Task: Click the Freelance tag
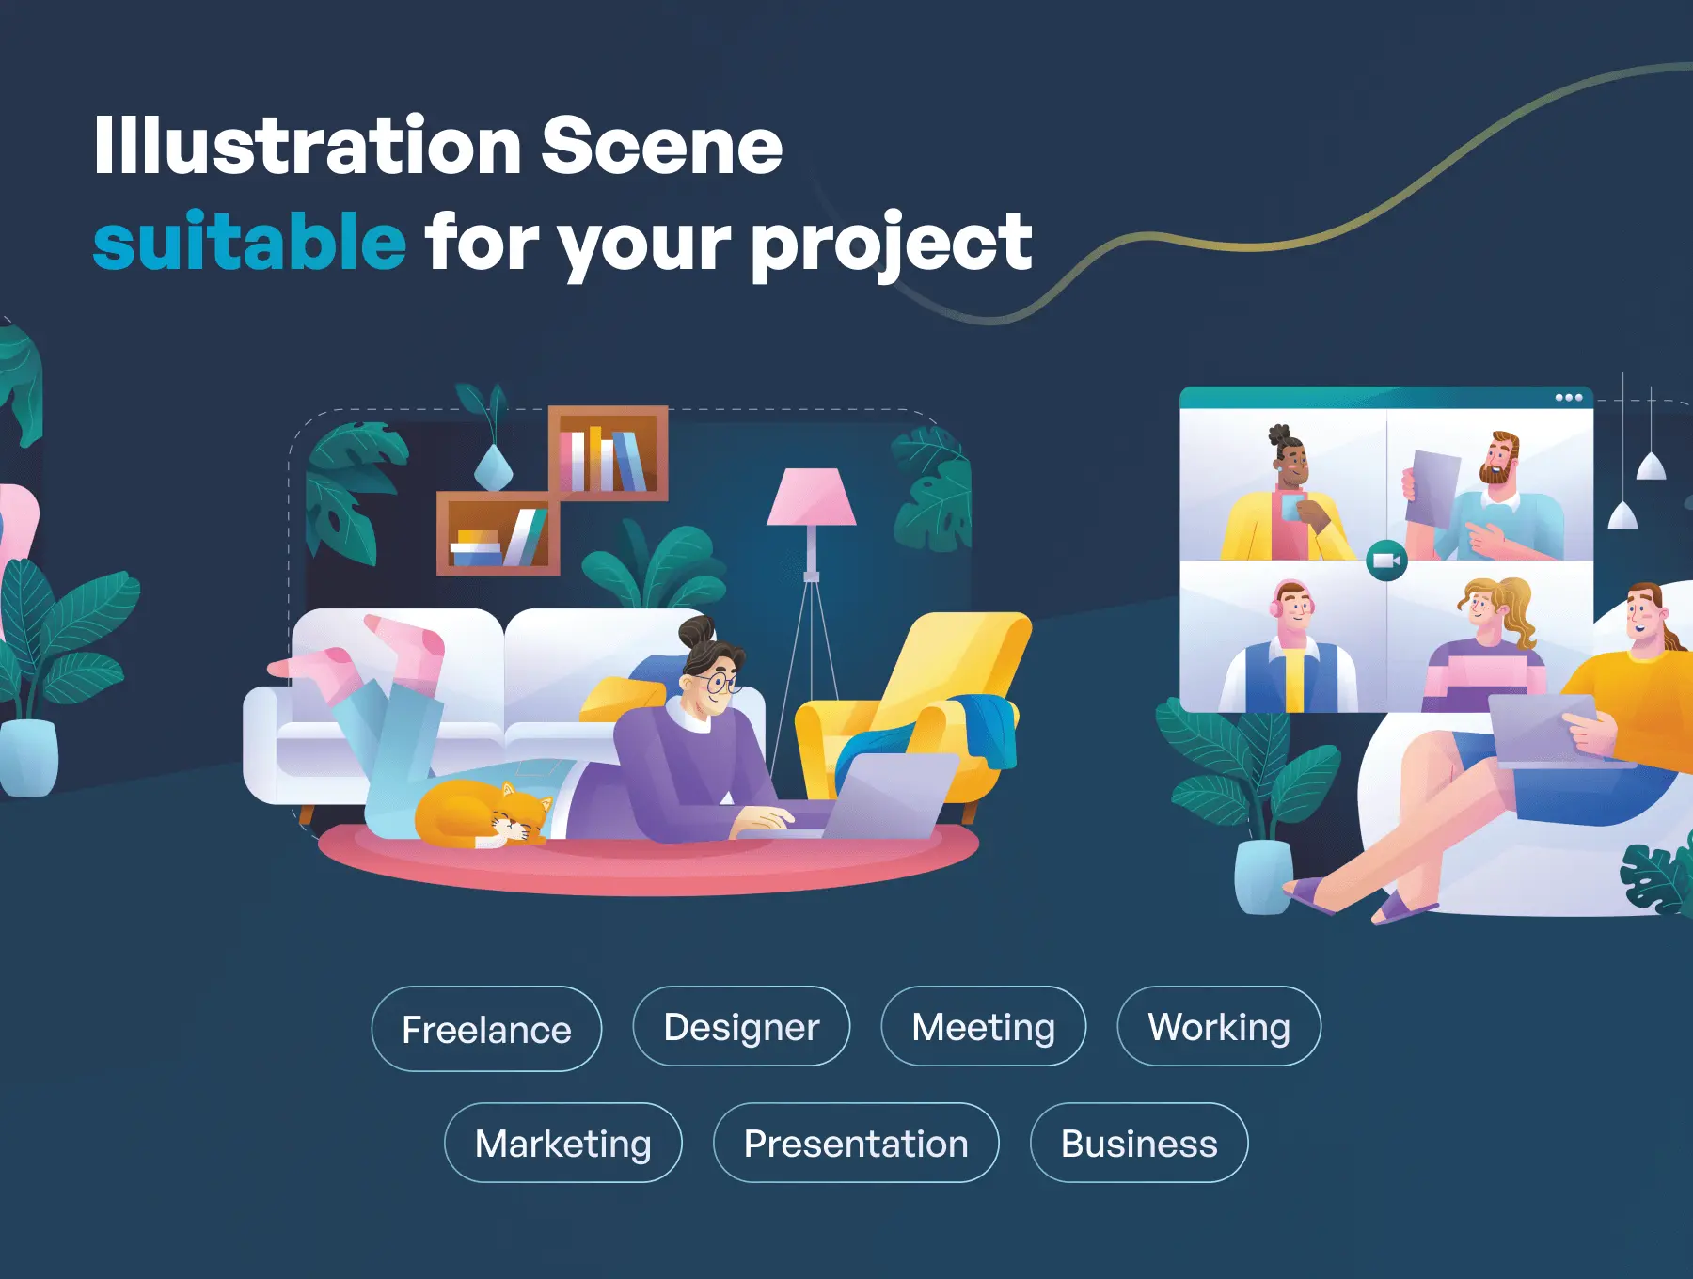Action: pyautogui.click(x=486, y=1029)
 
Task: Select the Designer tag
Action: pyautogui.click(x=741, y=1026)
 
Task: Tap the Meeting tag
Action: pyautogui.click(x=983, y=1026)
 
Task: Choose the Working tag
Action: pyautogui.click(x=1219, y=1026)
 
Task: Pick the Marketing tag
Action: pyautogui.click(x=562, y=1143)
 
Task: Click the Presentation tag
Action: pyautogui.click(x=856, y=1143)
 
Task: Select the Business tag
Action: pyautogui.click(x=1139, y=1143)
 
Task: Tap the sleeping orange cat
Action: pyautogui.click(x=483, y=814)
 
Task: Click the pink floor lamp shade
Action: pyautogui.click(x=811, y=497)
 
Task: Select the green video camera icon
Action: pyautogui.click(x=1386, y=561)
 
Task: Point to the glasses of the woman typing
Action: pyautogui.click(x=720, y=683)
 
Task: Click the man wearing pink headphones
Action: pyautogui.click(x=1290, y=647)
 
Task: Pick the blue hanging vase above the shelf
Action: pyautogui.click(x=492, y=467)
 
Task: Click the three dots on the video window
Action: pyautogui.click(x=1568, y=398)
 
